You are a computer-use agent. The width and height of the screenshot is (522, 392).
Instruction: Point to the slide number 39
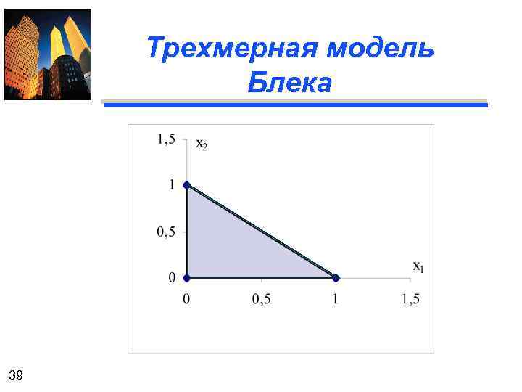click(16, 375)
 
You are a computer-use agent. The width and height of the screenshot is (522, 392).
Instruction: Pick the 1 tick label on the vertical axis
click(172, 185)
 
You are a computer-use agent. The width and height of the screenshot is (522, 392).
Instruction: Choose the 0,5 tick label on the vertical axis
click(167, 232)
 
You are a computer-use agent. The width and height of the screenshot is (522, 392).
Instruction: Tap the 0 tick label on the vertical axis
click(172, 277)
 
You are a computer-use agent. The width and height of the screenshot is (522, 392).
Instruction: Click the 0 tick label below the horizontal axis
click(186, 298)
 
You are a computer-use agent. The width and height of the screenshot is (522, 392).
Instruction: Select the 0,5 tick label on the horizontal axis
click(262, 298)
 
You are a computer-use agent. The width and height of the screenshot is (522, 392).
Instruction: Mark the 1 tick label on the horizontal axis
click(336, 298)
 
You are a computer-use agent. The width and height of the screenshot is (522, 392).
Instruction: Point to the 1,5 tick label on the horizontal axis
click(410, 298)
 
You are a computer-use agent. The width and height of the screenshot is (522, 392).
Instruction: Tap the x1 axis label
click(418, 267)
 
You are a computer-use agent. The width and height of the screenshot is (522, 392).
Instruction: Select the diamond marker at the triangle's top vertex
click(187, 185)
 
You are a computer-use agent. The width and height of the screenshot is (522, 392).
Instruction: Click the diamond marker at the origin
click(187, 277)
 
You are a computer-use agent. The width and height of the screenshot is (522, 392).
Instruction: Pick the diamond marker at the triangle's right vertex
click(336, 277)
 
